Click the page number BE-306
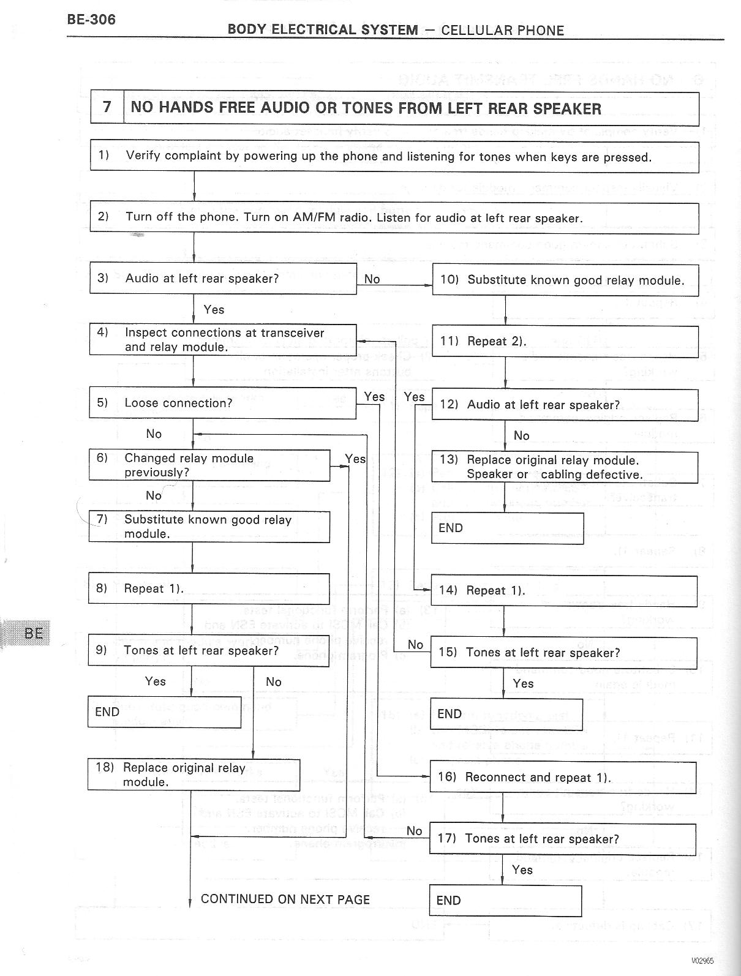pyautogui.click(x=91, y=20)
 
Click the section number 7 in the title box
pyautogui.click(x=107, y=107)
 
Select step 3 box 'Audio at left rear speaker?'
pyautogui.click(x=223, y=279)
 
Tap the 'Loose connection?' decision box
pyautogui.click(x=222, y=403)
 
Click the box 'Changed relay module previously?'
pyautogui.click(x=209, y=465)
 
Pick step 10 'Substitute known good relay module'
pyautogui.click(x=565, y=280)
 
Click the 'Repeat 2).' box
pyautogui.click(x=565, y=342)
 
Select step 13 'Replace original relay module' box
pyautogui.click(x=564, y=467)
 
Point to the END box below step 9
pyautogui.click(x=164, y=711)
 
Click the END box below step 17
pyautogui.click(x=505, y=901)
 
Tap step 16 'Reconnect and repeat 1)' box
pyautogui.click(x=563, y=777)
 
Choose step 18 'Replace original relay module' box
pyautogui.click(x=194, y=775)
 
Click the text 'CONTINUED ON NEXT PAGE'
pyautogui.click(x=285, y=899)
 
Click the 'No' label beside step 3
pyautogui.click(x=372, y=279)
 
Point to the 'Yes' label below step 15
pyautogui.click(x=523, y=683)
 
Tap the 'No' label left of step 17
pyautogui.click(x=415, y=831)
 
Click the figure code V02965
pyautogui.click(x=702, y=961)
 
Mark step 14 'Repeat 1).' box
pyautogui.click(x=563, y=591)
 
